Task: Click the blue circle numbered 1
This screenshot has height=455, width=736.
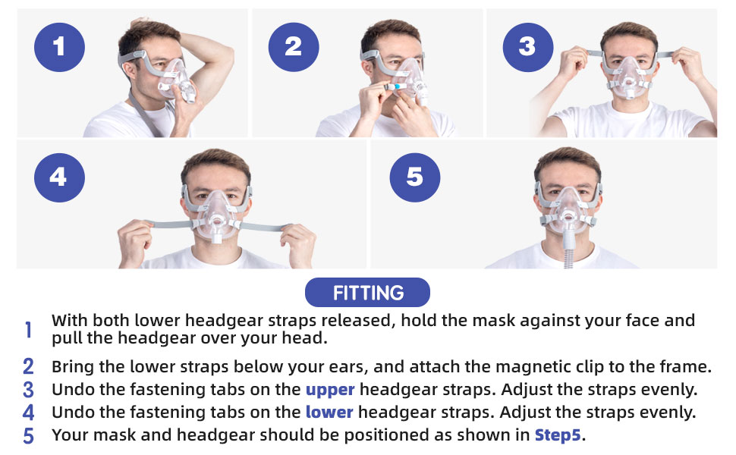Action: tap(59, 47)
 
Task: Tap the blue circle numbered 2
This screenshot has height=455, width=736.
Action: tap(294, 47)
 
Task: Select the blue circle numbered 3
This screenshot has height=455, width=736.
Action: tap(527, 47)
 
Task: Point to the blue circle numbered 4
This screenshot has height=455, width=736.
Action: tap(59, 177)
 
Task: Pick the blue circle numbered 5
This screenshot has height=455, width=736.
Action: tap(414, 177)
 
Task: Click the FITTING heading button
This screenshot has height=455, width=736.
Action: tap(367, 293)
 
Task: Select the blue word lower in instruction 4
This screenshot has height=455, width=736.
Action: tap(329, 413)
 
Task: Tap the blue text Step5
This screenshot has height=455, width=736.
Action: tap(558, 435)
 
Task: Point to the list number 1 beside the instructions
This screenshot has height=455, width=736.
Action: tap(28, 330)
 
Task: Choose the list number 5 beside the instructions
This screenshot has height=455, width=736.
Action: tap(28, 436)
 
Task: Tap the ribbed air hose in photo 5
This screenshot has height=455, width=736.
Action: tap(568, 259)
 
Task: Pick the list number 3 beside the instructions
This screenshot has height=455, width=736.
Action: tap(28, 391)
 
